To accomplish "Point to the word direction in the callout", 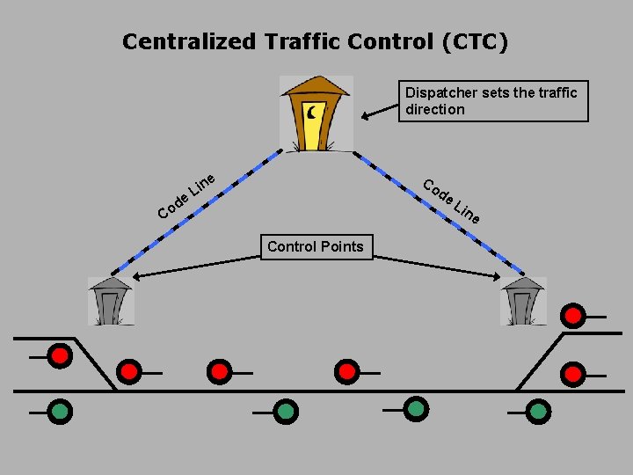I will (434, 109).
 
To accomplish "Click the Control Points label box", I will (315, 246).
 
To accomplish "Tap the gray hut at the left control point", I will (110, 301).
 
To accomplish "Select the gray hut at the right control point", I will (522, 301).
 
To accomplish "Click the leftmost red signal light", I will (59, 356).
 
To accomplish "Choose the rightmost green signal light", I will (538, 410).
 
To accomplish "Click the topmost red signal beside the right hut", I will (573, 315).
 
